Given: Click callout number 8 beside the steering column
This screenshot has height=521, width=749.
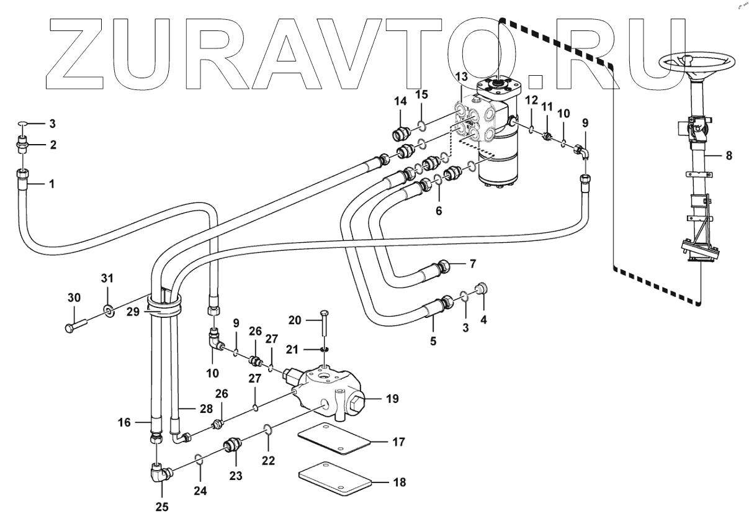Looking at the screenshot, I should [729, 156].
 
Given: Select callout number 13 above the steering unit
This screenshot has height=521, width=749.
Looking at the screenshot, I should [460, 76].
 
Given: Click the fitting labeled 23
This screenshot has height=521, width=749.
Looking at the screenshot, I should [231, 446].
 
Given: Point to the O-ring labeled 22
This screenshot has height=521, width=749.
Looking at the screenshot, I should [267, 429].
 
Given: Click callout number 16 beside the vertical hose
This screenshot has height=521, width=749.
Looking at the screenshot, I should [125, 422].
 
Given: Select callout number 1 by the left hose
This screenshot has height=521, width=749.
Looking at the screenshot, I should [52, 184].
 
